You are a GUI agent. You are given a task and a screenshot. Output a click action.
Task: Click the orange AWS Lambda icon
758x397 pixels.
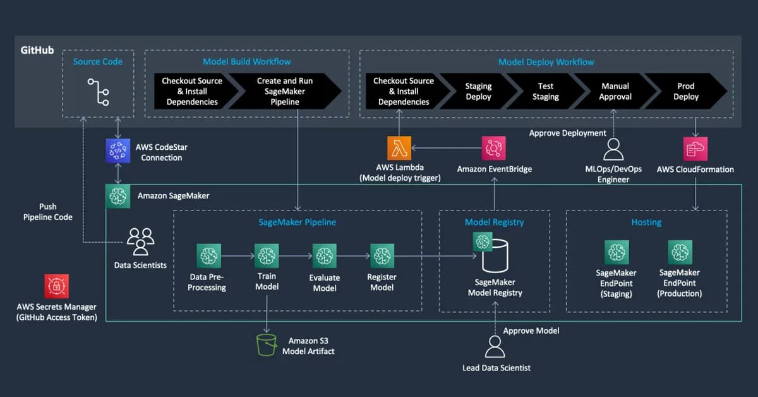click(399, 148)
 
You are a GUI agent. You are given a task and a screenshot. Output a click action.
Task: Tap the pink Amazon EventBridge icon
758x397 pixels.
click(494, 148)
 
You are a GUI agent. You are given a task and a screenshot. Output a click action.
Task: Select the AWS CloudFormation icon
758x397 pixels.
click(695, 149)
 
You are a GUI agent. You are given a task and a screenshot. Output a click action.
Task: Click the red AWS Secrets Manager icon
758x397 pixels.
click(57, 286)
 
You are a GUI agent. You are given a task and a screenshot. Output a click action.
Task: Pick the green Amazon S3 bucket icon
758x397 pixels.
click(267, 345)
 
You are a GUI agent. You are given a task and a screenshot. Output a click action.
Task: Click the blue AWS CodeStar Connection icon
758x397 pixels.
click(117, 152)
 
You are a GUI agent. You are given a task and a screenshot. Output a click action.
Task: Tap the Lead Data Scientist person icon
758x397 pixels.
click(495, 347)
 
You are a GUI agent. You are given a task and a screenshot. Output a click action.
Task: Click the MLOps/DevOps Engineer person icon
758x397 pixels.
click(613, 149)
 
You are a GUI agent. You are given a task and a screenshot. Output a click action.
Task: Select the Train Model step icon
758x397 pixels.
click(267, 255)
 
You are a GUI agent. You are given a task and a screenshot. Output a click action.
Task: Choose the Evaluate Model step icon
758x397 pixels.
click(325, 255)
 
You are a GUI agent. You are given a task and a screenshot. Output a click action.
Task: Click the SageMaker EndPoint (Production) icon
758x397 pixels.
click(680, 252)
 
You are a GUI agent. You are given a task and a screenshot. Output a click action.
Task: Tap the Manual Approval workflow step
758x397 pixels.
click(615, 91)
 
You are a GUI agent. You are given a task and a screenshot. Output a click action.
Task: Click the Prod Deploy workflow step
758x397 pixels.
click(685, 91)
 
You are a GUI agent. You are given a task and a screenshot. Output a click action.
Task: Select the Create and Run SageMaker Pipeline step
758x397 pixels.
click(284, 91)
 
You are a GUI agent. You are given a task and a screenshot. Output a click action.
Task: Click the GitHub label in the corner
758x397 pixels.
click(37, 50)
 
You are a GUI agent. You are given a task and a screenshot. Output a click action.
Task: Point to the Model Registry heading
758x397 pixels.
click(494, 222)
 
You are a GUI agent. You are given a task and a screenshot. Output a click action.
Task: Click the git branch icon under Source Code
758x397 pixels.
click(99, 92)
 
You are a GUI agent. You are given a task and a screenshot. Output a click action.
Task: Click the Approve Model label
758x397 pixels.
click(531, 331)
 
